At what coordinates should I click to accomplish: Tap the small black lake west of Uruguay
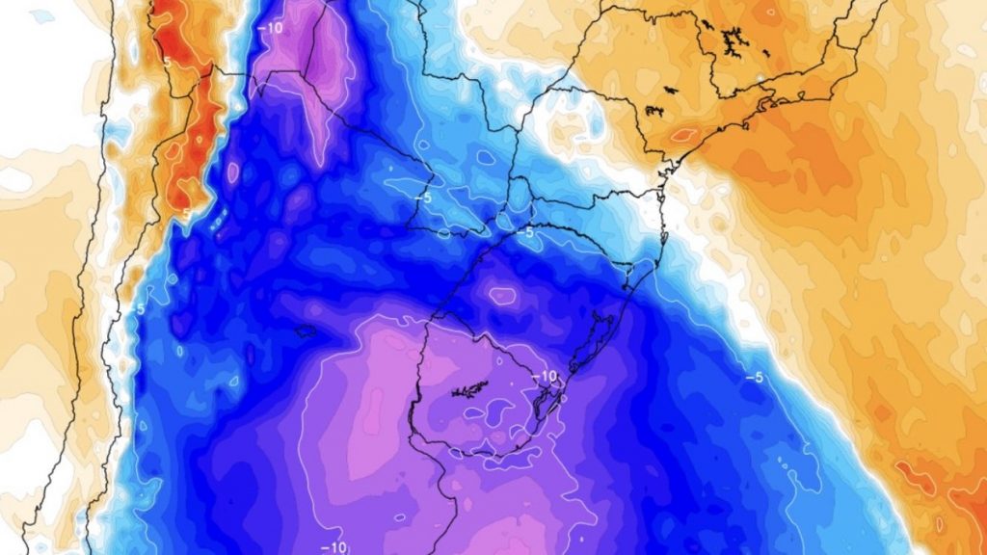point(307,331)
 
